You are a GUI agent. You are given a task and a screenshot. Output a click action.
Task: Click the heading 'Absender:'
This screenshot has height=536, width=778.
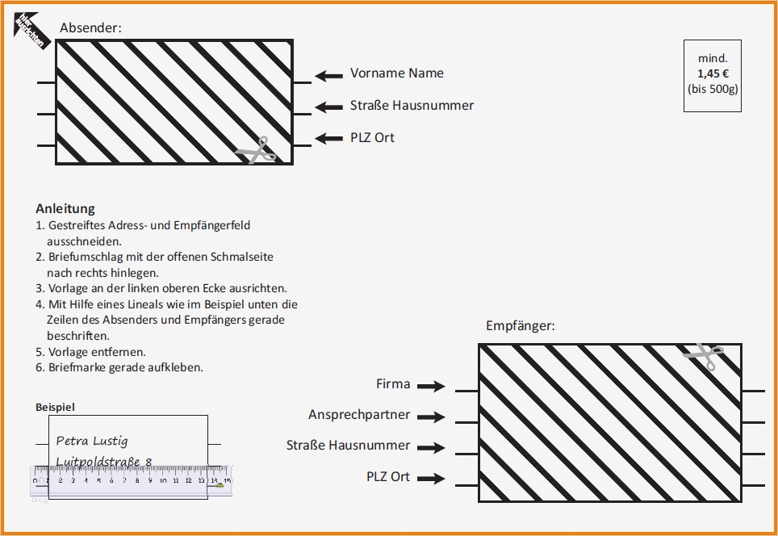(x=90, y=27)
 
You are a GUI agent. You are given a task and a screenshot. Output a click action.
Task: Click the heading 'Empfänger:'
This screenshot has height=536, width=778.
(x=521, y=326)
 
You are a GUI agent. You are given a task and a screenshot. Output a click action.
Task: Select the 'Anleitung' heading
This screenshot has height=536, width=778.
(x=65, y=209)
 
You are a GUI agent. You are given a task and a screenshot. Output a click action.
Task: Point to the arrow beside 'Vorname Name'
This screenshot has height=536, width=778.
(x=328, y=76)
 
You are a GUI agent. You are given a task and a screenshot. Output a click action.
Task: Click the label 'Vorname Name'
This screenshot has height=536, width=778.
(x=396, y=73)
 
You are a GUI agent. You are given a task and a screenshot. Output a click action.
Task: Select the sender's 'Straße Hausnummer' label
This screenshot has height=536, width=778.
(x=412, y=106)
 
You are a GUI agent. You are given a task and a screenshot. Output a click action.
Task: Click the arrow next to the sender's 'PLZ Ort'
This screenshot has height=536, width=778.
(x=328, y=139)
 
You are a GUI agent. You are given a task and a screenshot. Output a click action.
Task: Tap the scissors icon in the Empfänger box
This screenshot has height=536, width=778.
(x=703, y=356)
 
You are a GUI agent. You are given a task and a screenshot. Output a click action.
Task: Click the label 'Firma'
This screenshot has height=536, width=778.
(x=393, y=384)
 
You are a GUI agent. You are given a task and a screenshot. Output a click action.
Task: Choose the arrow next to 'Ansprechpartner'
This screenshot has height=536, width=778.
(x=431, y=417)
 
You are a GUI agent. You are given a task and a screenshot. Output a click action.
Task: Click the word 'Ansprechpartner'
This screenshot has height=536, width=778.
(x=359, y=415)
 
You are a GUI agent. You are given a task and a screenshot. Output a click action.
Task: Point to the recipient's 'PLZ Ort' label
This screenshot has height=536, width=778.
(x=388, y=477)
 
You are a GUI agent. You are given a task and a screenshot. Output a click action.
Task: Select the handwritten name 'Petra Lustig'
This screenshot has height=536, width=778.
(x=92, y=441)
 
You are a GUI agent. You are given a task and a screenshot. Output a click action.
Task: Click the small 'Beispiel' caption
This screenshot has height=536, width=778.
(x=55, y=408)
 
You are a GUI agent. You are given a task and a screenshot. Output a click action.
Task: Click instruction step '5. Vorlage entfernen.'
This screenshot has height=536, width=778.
(x=90, y=352)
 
